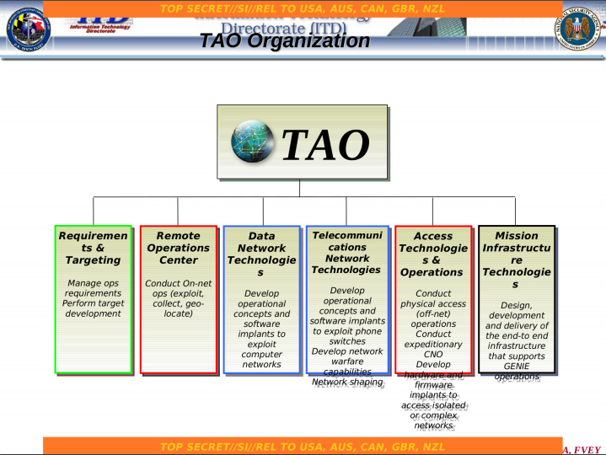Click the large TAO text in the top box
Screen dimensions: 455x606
(324, 144)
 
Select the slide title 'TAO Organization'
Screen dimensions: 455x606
(285, 41)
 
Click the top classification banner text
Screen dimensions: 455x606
(303, 8)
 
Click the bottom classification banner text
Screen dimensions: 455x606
(303, 446)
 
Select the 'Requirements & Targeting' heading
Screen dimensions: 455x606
(94, 248)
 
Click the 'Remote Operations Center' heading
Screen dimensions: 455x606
(178, 248)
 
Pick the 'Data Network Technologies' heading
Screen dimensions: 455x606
(261, 254)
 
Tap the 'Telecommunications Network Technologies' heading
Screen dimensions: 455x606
(346, 252)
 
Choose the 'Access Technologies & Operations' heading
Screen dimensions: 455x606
(432, 254)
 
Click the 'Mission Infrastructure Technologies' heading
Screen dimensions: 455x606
(516, 260)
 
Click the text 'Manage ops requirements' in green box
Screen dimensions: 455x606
(94, 288)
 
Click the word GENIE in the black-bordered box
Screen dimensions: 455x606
(516, 367)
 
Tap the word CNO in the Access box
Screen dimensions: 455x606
(432, 355)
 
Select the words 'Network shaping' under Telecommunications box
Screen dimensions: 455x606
(346, 383)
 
